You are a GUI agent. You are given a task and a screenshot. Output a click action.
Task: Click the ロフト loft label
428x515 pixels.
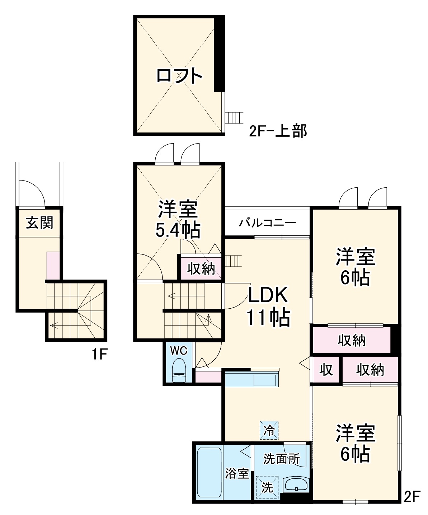(x=179, y=76)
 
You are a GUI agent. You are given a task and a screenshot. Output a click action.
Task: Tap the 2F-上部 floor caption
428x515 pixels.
(x=278, y=131)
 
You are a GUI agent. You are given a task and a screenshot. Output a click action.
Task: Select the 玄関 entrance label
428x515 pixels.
(x=39, y=223)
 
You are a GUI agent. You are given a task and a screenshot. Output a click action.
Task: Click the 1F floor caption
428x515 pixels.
(x=99, y=355)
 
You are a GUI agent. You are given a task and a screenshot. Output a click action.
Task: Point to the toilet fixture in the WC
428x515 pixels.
(x=179, y=370)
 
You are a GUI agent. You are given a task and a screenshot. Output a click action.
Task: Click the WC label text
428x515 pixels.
(x=179, y=351)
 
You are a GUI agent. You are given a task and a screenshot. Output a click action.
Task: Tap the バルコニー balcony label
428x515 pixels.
(x=268, y=223)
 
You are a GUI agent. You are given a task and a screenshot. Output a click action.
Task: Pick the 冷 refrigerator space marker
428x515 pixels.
(x=269, y=430)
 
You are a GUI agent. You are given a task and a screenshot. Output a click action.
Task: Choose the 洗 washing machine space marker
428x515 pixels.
(x=267, y=487)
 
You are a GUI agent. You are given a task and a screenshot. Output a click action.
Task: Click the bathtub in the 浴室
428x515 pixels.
(x=209, y=472)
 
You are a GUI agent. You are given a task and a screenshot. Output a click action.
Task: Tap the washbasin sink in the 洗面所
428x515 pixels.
(x=296, y=485)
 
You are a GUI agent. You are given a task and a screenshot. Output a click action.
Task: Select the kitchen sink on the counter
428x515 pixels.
(x=265, y=380)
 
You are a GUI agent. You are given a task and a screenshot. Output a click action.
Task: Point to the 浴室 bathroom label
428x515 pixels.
(x=237, y=474)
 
